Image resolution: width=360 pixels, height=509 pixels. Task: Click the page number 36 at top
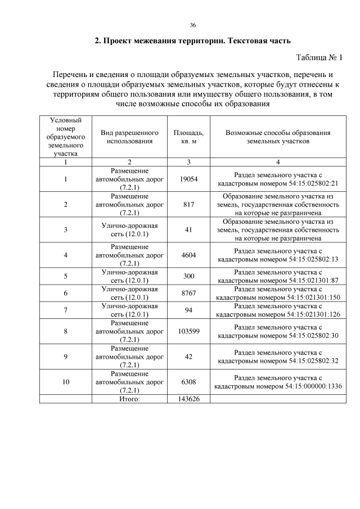tap(193, 25)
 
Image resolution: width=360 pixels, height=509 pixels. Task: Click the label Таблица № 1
tap(319, 57)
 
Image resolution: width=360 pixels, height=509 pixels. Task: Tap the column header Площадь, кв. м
tap(188, 137)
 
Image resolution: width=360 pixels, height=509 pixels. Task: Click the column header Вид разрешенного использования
tap(129, 137)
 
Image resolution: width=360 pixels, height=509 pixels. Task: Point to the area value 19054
tap(188, 179)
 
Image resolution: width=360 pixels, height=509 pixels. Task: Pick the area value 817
tap(188, 205)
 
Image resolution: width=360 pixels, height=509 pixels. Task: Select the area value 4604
tap(188, 255)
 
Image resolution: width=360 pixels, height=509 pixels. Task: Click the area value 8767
tap(188, 293)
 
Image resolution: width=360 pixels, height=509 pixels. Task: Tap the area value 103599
tap(188, 331)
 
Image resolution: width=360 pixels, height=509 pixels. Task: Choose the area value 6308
tap(188, 382)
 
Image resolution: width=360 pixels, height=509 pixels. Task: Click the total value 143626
tap(188, 399)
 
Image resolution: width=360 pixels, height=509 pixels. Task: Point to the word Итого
tap(129, 399)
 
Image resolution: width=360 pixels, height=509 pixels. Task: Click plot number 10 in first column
tap(66, 382)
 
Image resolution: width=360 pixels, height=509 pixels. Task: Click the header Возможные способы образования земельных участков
tap(278, 137)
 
